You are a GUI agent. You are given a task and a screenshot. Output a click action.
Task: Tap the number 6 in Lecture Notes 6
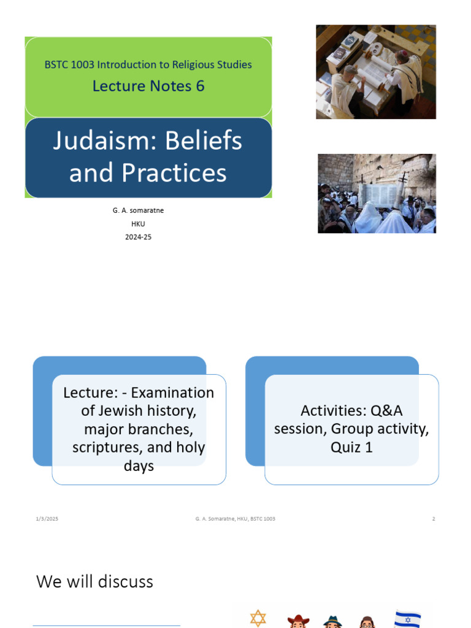pos(199,86)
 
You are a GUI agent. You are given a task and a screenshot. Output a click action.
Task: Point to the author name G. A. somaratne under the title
pos(138,210)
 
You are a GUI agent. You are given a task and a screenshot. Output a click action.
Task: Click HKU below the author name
pos(138,224)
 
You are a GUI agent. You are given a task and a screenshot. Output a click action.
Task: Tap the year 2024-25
pos(138,237)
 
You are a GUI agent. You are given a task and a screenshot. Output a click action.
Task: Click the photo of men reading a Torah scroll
pos(375,72)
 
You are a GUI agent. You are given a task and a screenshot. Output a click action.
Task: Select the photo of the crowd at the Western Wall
pos(377,193)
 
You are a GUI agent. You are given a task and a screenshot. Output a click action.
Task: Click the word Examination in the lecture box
pos(172,392)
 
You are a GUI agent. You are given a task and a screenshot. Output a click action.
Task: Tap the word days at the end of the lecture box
pos(139,466)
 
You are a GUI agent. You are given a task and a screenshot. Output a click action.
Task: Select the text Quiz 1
pos(351,447)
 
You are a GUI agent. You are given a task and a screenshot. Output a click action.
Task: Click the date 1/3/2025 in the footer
pos(47,519)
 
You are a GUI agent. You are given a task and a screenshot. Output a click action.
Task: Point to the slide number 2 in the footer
pos(434,519)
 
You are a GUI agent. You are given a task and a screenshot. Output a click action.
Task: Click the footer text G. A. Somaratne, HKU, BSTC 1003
pos(235,519)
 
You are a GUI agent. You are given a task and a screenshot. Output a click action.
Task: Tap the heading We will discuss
pos(95,581)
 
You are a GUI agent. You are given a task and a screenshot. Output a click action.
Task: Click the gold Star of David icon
pos(258,618)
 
